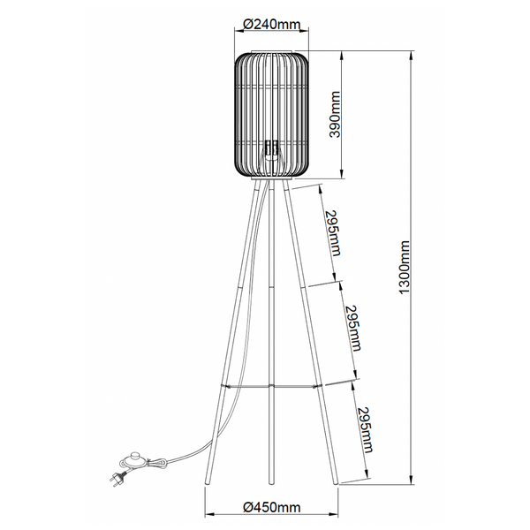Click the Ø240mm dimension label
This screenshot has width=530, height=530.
[x=271, y=23]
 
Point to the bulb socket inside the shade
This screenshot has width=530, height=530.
[x=271, y=148]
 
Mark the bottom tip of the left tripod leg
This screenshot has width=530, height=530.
[x=205, y=482]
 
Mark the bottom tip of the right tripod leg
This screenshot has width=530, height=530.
[x=337, y=482]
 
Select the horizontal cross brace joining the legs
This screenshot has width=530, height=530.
[x=271, y=386]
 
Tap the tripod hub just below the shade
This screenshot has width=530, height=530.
[x=271, y=182]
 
